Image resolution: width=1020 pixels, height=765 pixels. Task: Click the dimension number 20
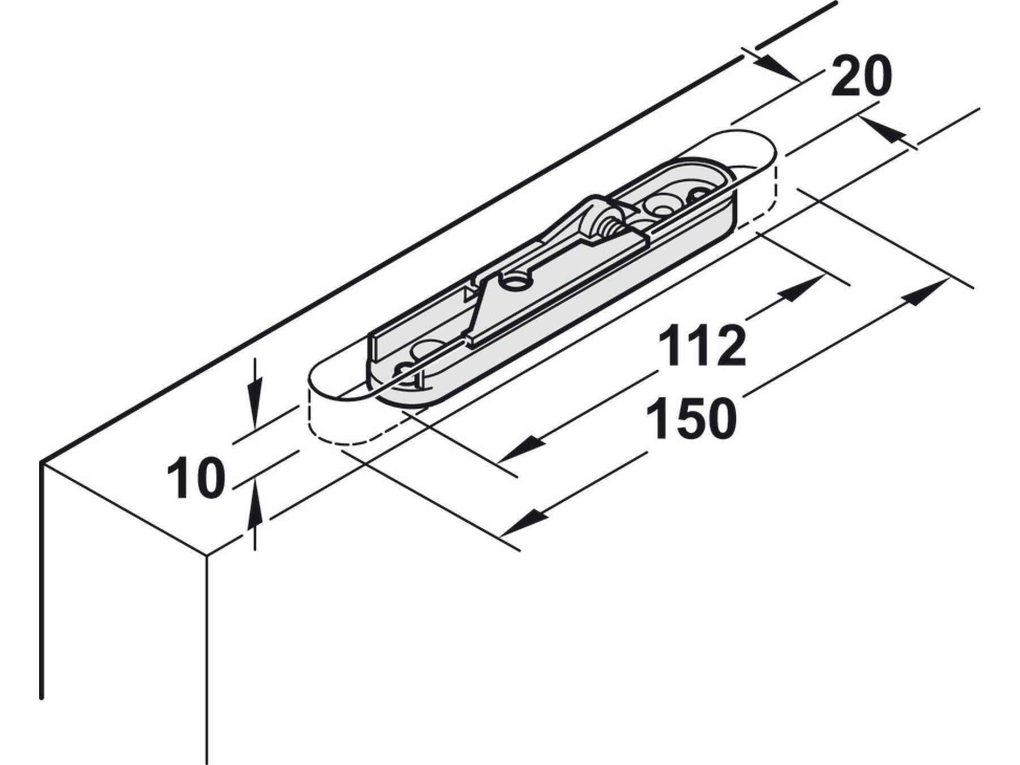point(861,77)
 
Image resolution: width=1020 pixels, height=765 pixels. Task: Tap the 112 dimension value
point(702,346)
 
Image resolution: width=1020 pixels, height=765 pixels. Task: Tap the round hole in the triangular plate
point(515,281)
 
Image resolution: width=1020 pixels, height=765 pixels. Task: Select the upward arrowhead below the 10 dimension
point(255,503)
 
